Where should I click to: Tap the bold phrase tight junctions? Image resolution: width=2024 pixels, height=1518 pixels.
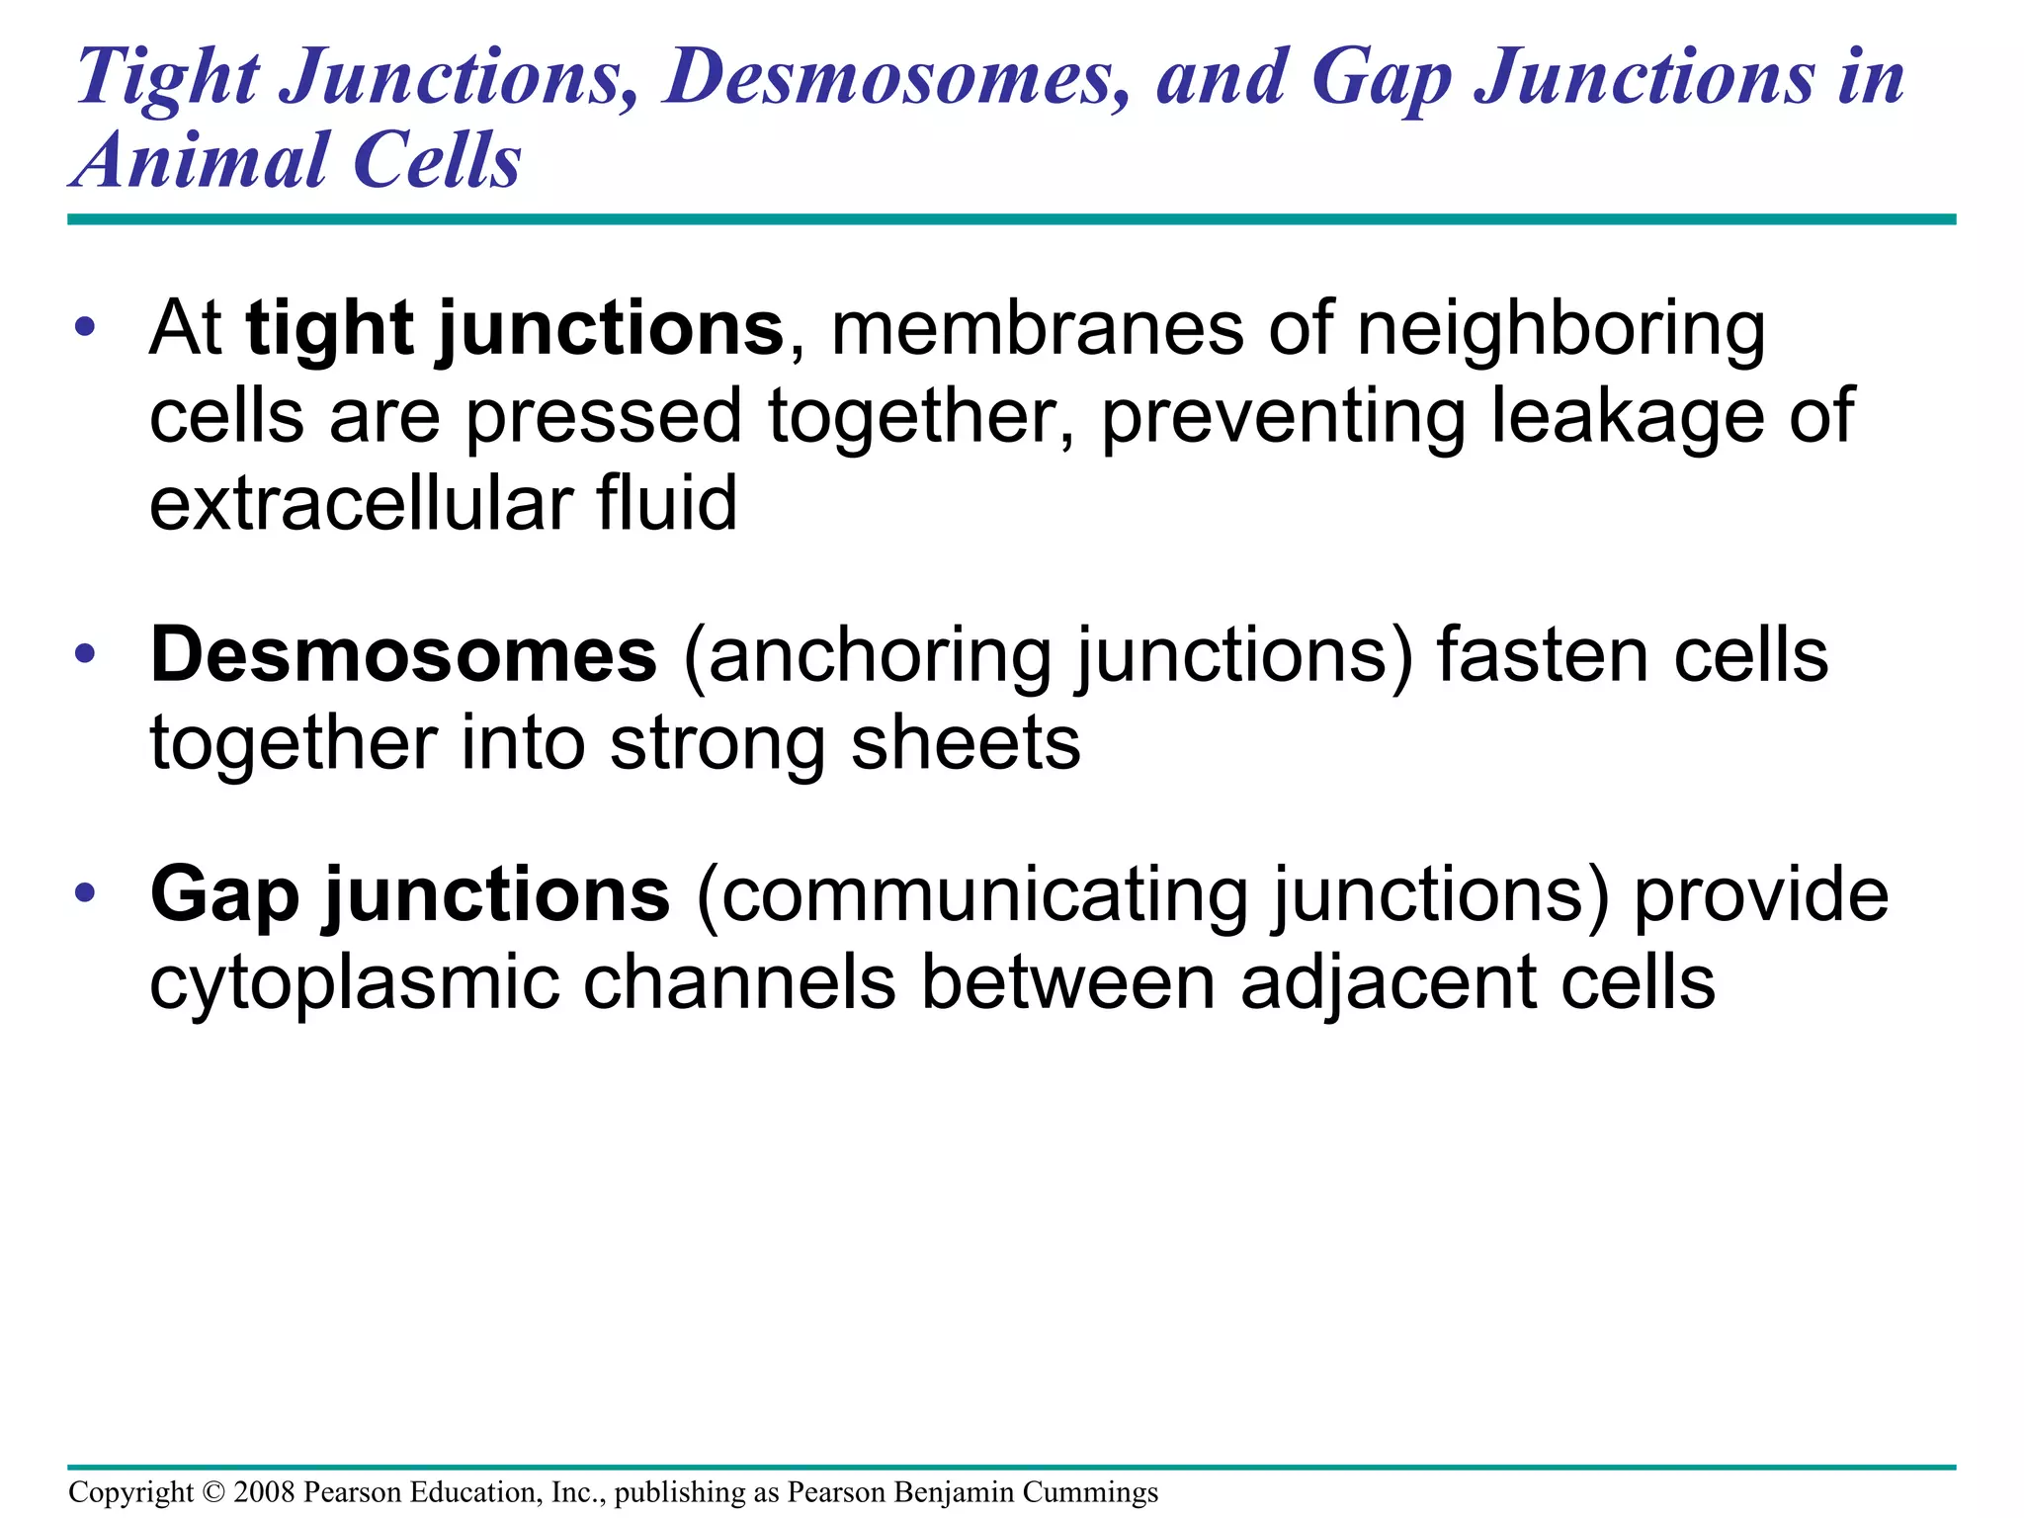click(x=515, y=329)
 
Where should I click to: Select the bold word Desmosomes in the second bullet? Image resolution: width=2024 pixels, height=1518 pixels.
click(x=403, y=655)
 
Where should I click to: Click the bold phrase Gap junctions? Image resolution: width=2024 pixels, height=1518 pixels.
click(x=410, y=894)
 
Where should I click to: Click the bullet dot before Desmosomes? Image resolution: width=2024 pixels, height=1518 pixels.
click(x=86, y=654)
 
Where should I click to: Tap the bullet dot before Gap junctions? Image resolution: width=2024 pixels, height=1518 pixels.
click(x=86, y=893)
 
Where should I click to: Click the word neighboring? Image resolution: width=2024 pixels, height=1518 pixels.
click(x=1560, y=329)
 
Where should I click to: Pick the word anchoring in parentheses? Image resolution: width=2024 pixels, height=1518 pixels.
click(x=880, y=655)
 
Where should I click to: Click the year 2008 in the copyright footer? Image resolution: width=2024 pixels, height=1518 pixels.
click(x=264, y=1492)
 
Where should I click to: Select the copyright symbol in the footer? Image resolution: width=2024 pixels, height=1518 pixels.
click(x=212, y=1492)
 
